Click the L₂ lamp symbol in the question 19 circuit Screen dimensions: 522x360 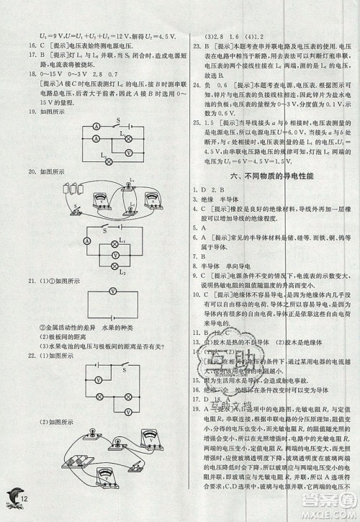tap(109, 162)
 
